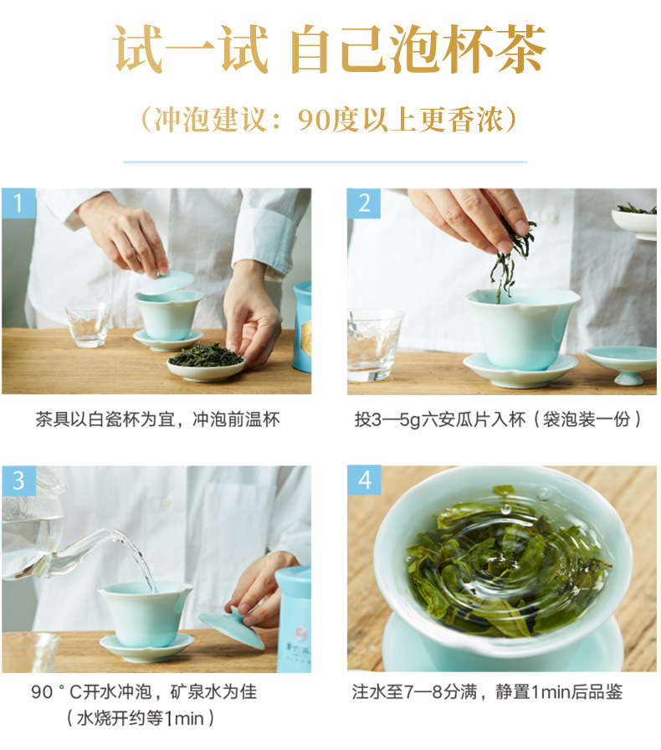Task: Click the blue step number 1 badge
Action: (18, 203)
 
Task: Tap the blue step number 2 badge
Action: (364, 203)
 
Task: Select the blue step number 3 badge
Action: (18, 480)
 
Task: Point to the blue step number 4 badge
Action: (364, 480)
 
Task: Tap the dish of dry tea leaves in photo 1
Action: (206, 362)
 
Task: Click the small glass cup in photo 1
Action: (89, 325)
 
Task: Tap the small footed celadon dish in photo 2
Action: (622, 364)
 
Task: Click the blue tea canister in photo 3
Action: (293, 619)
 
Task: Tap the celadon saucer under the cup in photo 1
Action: (168, 339)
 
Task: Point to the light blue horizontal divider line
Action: (325, 162)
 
